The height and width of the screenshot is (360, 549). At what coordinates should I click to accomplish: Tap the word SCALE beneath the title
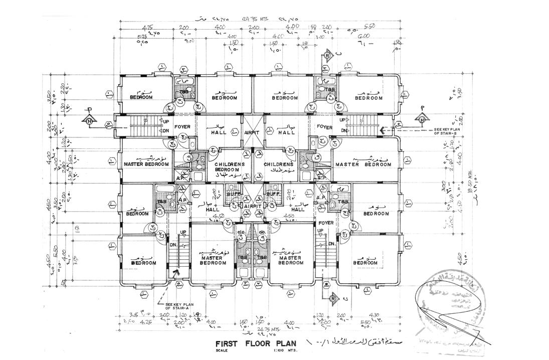tap(222, 351)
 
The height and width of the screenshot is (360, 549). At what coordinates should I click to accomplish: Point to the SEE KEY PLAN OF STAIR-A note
tap(171, 306)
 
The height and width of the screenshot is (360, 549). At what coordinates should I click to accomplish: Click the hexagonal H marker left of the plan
tap(89, 120)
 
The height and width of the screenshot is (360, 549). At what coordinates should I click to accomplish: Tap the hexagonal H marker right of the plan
tap(422, 120)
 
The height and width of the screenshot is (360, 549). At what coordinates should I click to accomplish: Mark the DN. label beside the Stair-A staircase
tap(172, 245)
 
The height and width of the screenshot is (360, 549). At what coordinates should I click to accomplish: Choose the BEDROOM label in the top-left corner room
tap(141, 97)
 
